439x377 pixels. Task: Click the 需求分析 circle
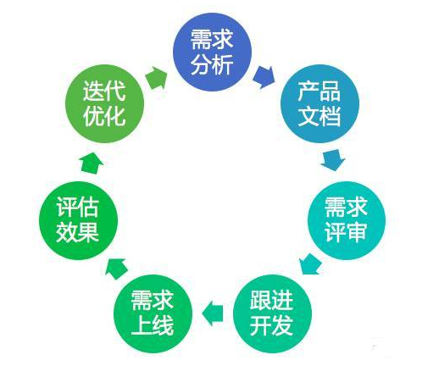[212, 52]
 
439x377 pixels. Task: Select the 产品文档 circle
[320, 103]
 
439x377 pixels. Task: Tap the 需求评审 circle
[347, 220]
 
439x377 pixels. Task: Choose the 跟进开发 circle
[272, 313]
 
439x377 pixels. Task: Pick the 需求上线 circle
[153, 313]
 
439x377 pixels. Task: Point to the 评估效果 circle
[78, 220]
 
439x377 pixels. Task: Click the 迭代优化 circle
[105, 103]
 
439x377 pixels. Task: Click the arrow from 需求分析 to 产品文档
[264, 77]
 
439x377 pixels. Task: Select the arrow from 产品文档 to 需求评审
[333, 160]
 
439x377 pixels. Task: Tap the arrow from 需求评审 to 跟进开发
[311, 263]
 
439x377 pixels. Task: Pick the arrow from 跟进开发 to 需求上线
[213, 313]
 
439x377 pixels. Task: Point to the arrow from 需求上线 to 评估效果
[116, 268]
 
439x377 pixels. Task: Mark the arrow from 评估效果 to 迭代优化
[92, 163]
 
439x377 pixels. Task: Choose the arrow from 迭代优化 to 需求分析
[156, 78]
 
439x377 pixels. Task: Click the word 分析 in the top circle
[212, 64]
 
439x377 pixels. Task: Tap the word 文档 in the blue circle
[320, 116]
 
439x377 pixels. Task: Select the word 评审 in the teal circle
[346, 232]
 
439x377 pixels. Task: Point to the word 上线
[153, 325]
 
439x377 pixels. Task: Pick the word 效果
[78, 232]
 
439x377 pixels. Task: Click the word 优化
[104, 116]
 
